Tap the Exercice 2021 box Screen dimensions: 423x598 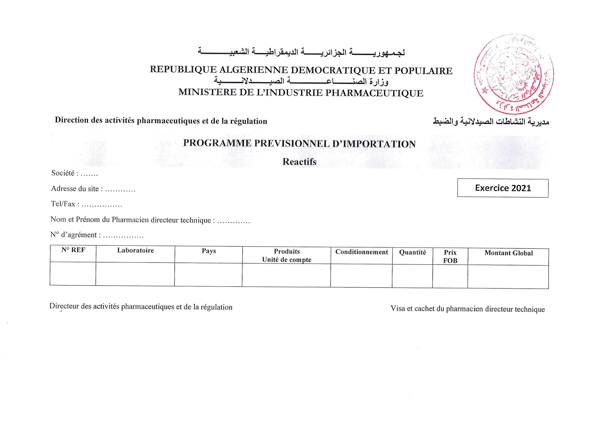pos(503,188)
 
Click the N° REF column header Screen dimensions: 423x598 pos(73,250)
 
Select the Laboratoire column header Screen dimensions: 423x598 pos(135,250)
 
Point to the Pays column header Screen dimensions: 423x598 pos(209,251)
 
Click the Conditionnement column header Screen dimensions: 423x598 pos(361,252)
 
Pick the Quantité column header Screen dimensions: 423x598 pos(412,252)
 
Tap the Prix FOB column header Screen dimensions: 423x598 pos(450,256)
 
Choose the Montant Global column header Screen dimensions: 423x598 pos(508,253)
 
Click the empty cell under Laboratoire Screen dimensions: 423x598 pos(135,274)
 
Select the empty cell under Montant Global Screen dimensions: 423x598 pos(508,277)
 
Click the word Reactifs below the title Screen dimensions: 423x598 pos(299,162)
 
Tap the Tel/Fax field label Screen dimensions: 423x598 pos(63,204)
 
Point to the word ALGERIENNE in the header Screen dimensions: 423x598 pos(253,70)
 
